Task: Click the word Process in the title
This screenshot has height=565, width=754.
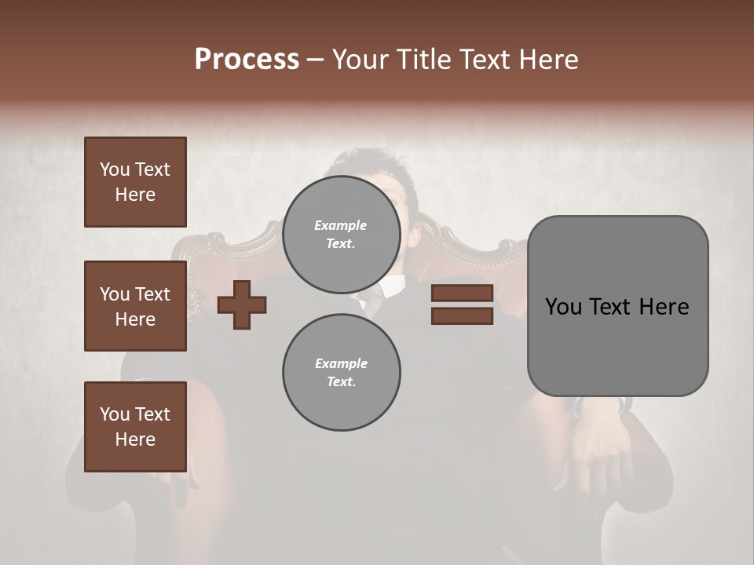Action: coord(247,60)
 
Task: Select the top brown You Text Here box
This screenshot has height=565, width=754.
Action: coord(135,182)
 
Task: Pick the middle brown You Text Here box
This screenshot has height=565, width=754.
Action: coord(135,306)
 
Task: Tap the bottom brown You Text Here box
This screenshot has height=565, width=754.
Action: coord(135,426)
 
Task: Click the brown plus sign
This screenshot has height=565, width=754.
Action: coord(242,304)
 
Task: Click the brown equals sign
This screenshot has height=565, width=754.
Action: coord(462,304)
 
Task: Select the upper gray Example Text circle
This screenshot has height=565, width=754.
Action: coord(341,234)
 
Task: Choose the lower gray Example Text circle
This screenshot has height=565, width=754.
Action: coord(341,372)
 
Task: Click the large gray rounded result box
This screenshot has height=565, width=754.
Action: coord(617,306)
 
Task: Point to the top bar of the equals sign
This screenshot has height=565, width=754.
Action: coord(462,293)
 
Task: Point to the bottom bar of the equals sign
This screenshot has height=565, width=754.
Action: coord(462,316)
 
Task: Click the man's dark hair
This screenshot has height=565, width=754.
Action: coord(369,161)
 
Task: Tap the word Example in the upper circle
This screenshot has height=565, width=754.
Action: coord(341,225)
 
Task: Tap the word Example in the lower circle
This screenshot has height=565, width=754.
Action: coord(341,363)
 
